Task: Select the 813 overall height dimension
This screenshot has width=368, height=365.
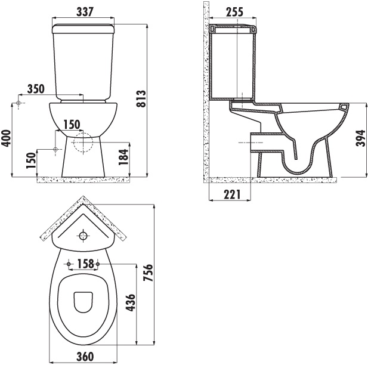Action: coord(141,98)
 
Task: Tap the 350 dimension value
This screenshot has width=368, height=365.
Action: coord(36,89)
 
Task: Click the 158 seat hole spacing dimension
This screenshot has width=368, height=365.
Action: coord(84,264)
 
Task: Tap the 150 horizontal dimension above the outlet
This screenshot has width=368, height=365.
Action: coord(71,124)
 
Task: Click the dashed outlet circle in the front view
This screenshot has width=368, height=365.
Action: coord(84,143)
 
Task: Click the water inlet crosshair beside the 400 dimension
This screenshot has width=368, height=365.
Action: coord(20,104)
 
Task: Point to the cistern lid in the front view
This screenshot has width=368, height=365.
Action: coord(84,27)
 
